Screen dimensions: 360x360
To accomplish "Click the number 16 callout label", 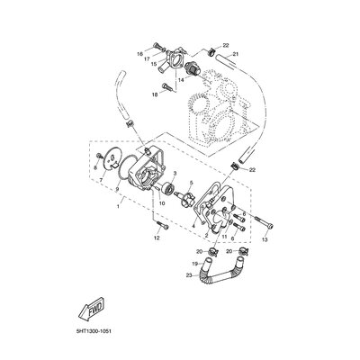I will click(x=140, y=54).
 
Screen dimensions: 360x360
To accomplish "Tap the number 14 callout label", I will click(x=181, y=80).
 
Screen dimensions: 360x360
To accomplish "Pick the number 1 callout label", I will click(x=112, y=205).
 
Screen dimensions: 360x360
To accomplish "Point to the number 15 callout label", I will click(x=153, y=66).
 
